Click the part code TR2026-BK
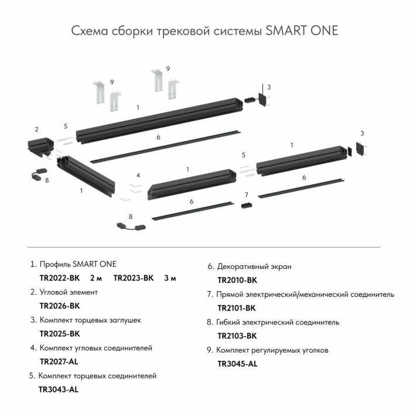(x=59, y=306)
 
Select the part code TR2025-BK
(x=59, y=334)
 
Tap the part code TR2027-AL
(x=59, y=362)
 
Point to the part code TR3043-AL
(x=58, y=389)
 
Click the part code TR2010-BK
(x=237, y=281)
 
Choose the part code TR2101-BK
(x=237, y=308)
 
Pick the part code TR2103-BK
(x=237, y=336)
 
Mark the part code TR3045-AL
(x=237, y=364)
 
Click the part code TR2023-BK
(x=133, y=278)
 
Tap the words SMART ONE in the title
(x=302, y=30)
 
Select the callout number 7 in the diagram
(x=247, y=194)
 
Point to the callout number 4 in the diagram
(x=138, y=175)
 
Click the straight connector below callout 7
(x=247, y=206)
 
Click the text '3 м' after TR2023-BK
(x=170, y=278)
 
